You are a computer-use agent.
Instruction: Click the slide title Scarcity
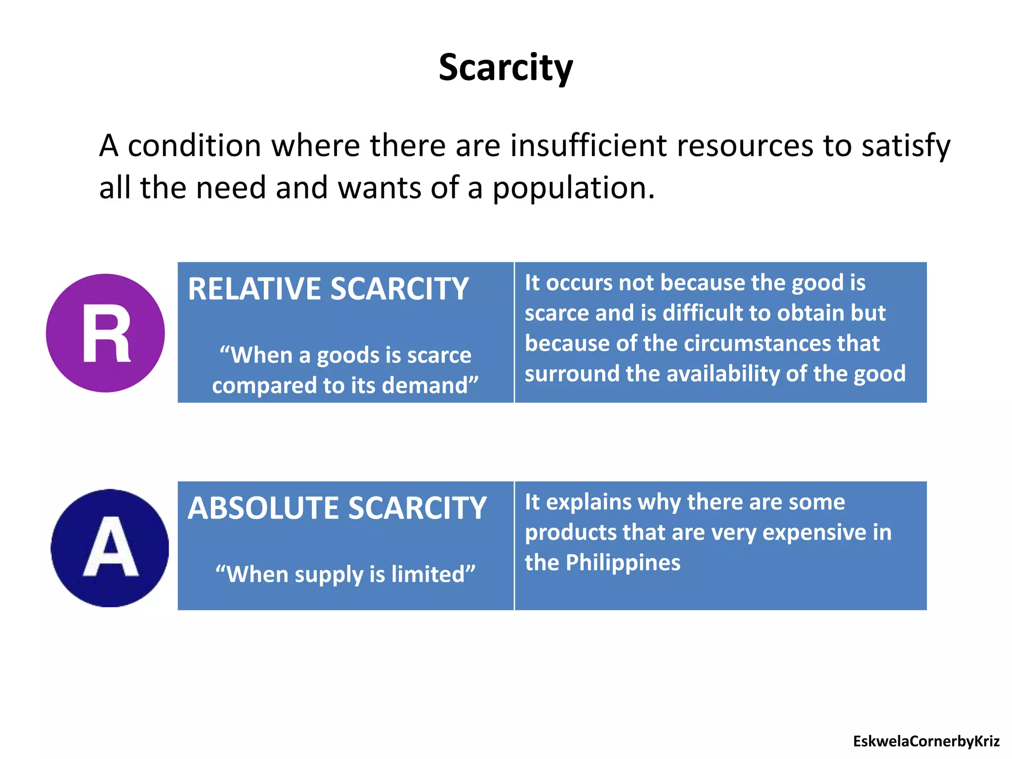pyautogui.click(x=506, y=68)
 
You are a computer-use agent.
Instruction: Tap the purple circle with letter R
pyautogui.click(x=105, y=333)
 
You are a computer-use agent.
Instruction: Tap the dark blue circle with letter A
pyautogui.click(x=110, y=548)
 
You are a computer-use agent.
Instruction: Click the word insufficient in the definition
pyautogui.click(x=588, y=146)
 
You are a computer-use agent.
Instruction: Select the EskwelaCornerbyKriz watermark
pyautogui.click(x=926, y=741)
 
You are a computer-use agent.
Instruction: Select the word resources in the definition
pyautogui.click(x=745, y=146)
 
